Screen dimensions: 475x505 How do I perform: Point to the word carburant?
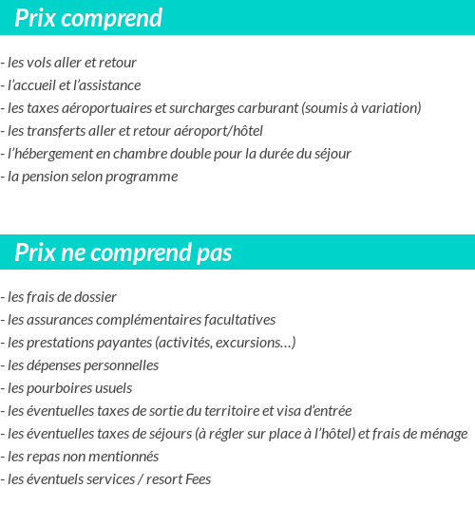pyautogui.click(x=269, y=108)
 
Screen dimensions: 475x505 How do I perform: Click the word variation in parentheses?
pyautogui.click(x=387, y=108)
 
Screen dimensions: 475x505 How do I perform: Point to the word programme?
pyautogui.click(x=144, y=177)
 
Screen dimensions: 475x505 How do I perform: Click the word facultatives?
pyautogui.click(x=237, y=320)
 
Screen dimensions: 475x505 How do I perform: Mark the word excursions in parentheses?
pyautogui.click(x=251, y=343)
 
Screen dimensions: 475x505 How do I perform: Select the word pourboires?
pyautogui.click(x=66, y=388)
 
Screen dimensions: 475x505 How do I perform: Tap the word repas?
pyautogui.click(x=45, y=457)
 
